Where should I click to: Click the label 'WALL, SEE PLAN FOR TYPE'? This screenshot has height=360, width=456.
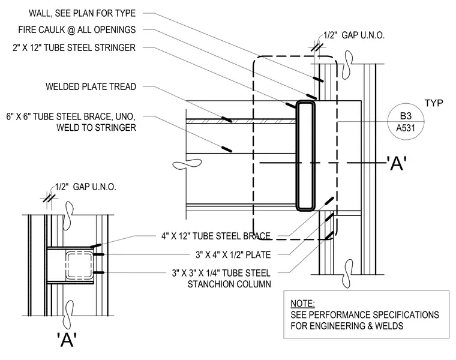pyautogui.click(x=82, y=13)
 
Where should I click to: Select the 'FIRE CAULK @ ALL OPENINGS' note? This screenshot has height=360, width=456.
pyautogui.click(x=77, y=30)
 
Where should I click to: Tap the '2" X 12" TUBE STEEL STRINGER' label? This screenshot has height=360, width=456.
pyautogui.click(x=74, y=47)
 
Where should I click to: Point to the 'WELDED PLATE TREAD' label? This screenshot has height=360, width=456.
pyautogui.click(x=91, y=86)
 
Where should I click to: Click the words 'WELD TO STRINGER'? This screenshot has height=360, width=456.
pyautogui.click(x=96, y=128)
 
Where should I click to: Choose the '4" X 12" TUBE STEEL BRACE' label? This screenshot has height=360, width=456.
pyautogui.click(x=216, y=236)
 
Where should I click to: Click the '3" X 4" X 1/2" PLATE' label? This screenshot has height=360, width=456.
pyautogui.click(x=233, y=255)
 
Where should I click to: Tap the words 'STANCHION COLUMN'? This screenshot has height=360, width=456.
pyautogui.click(x=229, y=284)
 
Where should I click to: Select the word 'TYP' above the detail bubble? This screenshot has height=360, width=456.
pyautogui.click(x=434, y=103)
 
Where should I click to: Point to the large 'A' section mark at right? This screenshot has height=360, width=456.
pyautogui.click(x=397, y=163)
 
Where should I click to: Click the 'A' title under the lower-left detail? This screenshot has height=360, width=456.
pyautogui.click(x=67, y=340)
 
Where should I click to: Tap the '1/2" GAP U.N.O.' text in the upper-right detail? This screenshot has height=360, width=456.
pyautogui.click(x=354, y=35)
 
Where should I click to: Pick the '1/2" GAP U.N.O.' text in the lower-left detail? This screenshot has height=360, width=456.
pyautogui.click(x=85, y=187)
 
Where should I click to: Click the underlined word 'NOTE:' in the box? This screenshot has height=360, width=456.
pyautogui.click(x=302, y=304)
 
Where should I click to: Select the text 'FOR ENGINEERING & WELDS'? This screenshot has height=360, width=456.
pyautogui.click(x=347, y=326)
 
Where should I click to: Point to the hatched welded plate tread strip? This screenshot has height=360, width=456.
pyautogui.click(x=241, y=121)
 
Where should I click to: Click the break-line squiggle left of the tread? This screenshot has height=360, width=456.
pyautogui.click(x=187, y=164)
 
